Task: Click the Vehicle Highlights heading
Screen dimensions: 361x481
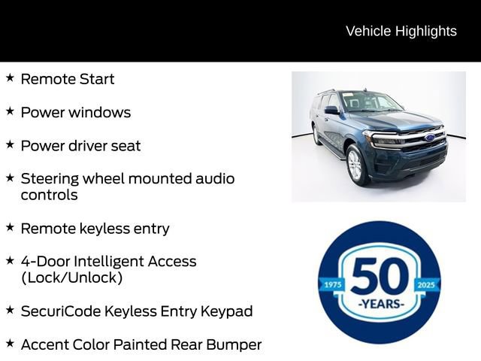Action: pyautogui.click(x=401, y=31)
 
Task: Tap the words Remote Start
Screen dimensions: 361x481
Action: pyautogui.click(x=68, y=79)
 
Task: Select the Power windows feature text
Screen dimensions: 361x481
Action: pyautogui.click(x=75, y=113)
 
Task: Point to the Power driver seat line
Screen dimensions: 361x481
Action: pyautogui.click(x=80, y=146)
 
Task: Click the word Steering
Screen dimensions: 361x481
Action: pyautogui.click(x=50, y=179)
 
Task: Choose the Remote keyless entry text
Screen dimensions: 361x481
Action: pyautogui.click(x=95, y=229)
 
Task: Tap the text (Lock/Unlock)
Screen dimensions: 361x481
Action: pyautogui.click(x=71, y=278)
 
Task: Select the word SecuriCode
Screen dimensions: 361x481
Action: pyautogui.click(x=60, y=311)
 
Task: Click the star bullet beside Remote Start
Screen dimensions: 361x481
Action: pyautogui.click(x=10, y=77)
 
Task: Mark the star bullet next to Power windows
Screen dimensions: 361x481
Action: pyautogui.click(x=10, y=111)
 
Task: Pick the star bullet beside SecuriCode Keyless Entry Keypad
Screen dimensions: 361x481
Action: pyautogui.click(x=10, y=309)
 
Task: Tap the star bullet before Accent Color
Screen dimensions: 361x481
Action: pyautogui.click(x=10, y=342)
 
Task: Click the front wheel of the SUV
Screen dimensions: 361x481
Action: pyautogui.click(x=355, y=165)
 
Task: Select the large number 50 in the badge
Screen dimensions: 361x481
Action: pyautogui.click(x=379, y=276)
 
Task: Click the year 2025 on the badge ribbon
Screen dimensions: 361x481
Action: pyautogui.click(x=426, y=286)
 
